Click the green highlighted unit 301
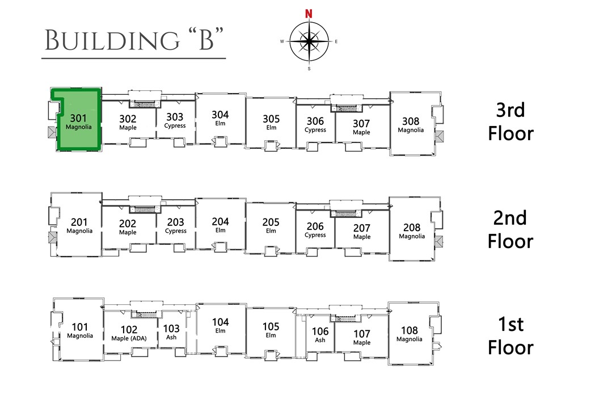(78, 121)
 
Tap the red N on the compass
(309, 14)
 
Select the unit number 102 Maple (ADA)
(128, 333)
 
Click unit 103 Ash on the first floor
(171, 332)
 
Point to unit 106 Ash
(320, 335)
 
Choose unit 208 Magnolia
(411, 230)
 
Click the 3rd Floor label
(510, 121)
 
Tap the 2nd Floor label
(510, 229)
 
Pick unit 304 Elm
(220, 118)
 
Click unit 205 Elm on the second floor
(271, 225)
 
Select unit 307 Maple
(361, 127)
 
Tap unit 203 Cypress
(175, 226)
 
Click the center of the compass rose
(309, 41)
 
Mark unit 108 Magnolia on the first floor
(410, 334)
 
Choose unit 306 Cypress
(315, 124)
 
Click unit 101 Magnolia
(80, 330)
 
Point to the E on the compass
(336, 41)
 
